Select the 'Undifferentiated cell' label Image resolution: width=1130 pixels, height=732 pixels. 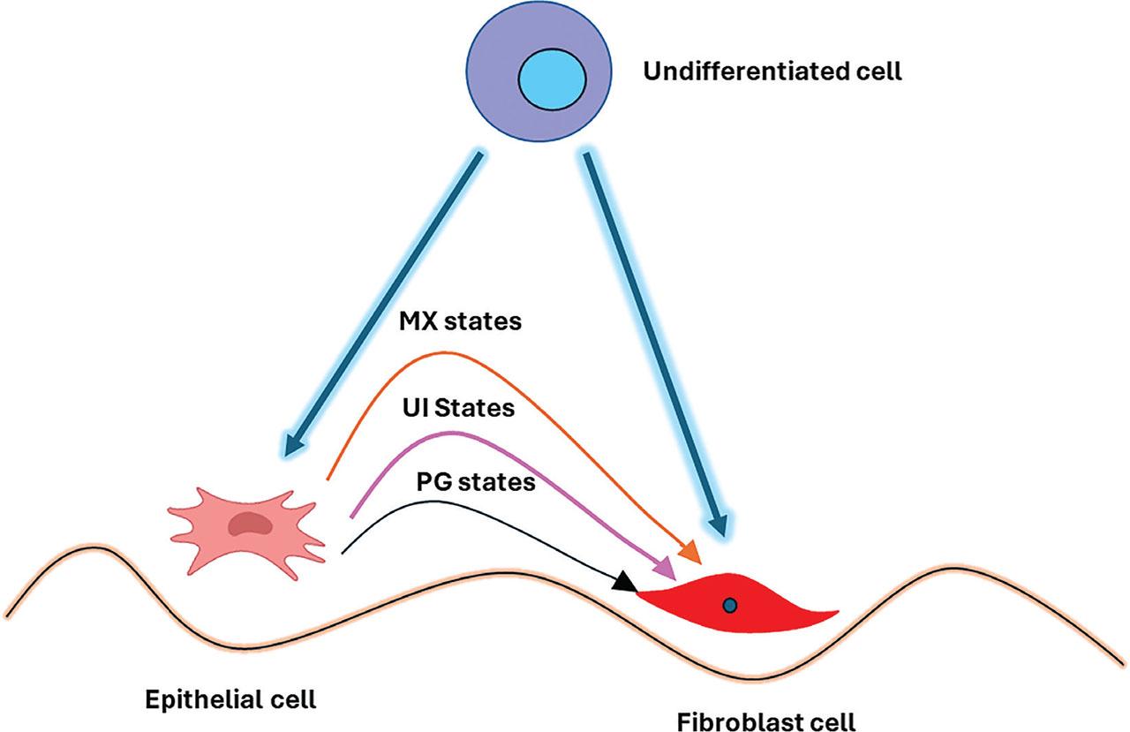pyautogui.click(x=772, y=72)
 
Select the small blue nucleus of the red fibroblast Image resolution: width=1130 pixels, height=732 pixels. pyautogui.click(x=729, y=605)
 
